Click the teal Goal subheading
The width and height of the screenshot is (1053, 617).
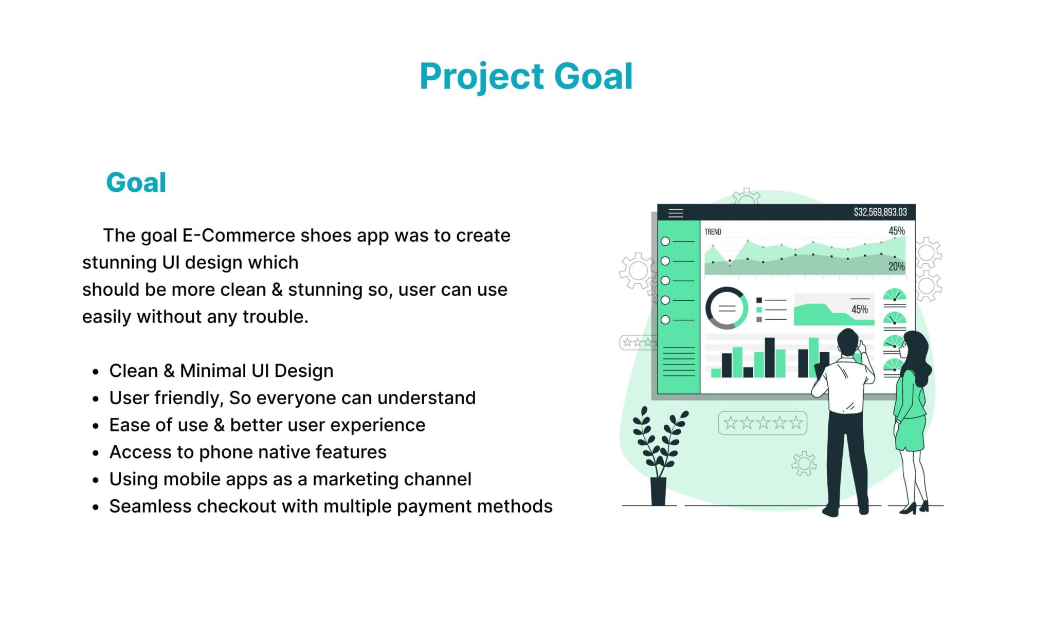coord(136,183)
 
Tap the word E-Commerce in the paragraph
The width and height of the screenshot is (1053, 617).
coord(239,235)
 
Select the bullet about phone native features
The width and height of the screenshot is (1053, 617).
coord(248,452)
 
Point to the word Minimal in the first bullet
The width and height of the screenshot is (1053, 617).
coord(213,371)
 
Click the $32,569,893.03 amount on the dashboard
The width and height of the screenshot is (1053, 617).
coord(880,212)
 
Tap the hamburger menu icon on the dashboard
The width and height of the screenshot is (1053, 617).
coord(676,213)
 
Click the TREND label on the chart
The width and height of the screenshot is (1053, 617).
coord(713,232)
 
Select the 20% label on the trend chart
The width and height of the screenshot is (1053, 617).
coord(896,266)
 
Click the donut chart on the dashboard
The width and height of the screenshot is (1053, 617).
coord(727,308)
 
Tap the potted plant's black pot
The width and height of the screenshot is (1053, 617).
coord(658,491)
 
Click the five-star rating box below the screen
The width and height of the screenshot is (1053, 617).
coord(762,423)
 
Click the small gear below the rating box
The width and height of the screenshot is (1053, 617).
coord(804,464)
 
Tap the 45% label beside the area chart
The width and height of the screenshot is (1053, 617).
coord(859,309)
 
